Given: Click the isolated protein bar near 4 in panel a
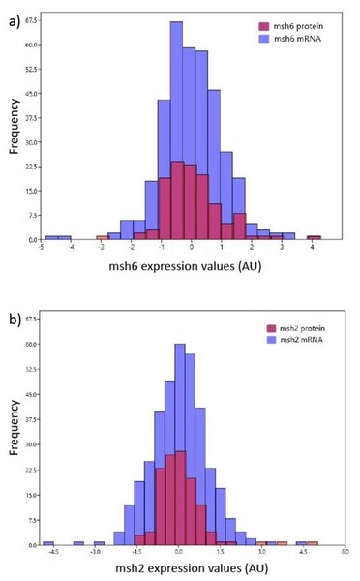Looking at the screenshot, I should coord(314,237).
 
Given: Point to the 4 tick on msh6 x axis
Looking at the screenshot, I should coord(312,248).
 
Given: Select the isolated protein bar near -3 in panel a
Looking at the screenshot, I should coord(102,237).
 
